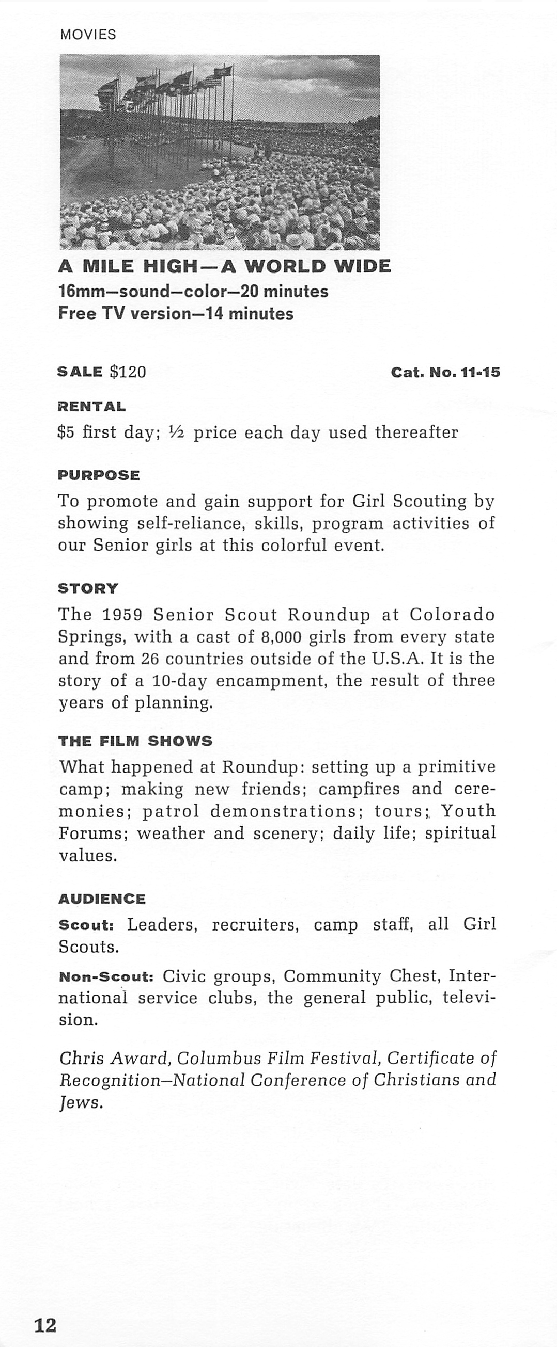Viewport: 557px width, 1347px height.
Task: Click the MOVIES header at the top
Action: coord(88,35)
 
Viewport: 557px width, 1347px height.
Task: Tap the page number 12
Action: coord(45,1324)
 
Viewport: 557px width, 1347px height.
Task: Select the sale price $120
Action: coord(128,372)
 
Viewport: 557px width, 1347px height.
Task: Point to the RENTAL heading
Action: coord(91,406)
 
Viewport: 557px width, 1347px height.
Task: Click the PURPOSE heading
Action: coord(98,475)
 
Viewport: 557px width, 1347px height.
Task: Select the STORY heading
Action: coord(88,588)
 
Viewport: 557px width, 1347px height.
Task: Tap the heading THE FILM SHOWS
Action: coord(135,741)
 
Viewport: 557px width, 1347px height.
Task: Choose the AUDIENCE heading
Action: coord(102,899)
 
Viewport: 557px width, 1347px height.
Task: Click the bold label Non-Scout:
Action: coord(106,976)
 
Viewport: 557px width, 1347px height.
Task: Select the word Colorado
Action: coord(452,615)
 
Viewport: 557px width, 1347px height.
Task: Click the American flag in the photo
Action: coord(212,81)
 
